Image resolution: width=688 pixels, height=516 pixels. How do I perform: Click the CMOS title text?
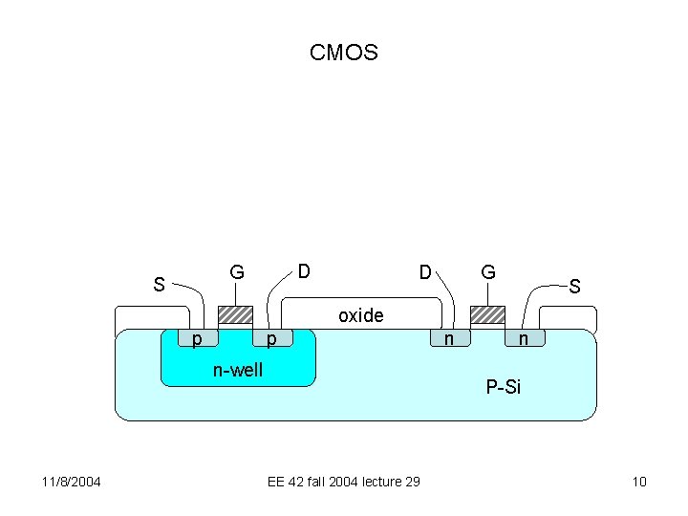(x=344, y=53)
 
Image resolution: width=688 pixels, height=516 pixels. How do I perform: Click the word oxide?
(x=361, y=315)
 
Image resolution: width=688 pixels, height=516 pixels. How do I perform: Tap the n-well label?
(x=237, y=370)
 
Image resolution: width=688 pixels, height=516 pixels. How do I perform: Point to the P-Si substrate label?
(x=503, y=387)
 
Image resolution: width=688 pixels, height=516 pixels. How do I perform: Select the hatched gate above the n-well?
(x=235, y=315)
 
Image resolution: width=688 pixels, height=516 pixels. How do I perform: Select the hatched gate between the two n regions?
(x=487, y=315)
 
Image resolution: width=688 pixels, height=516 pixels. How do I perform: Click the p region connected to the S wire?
(x=198, y=338)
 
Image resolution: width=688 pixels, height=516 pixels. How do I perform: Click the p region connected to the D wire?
(x=272, y=338)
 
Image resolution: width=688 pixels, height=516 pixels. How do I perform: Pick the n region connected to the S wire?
(x=524, y=338)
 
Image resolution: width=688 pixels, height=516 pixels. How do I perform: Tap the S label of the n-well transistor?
(x=160, y=284)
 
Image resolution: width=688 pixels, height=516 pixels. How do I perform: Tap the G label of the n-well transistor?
(x=236, y=272)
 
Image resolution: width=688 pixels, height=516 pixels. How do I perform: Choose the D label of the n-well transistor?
(x=303, y=271)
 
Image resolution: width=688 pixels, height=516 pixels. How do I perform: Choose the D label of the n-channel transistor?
(x=425, y=272)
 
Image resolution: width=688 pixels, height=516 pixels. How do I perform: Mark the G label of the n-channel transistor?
(x=487, y=272)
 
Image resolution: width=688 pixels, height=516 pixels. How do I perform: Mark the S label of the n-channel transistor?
(x=574, y=285)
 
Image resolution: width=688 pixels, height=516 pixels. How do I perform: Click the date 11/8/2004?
(x=72, y=481)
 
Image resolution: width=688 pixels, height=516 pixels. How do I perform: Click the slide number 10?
(x=639, y=481)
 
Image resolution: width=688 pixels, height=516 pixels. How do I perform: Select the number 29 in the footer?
(x=411, y=481)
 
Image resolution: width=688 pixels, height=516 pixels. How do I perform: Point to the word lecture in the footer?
(x=376, y=481)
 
